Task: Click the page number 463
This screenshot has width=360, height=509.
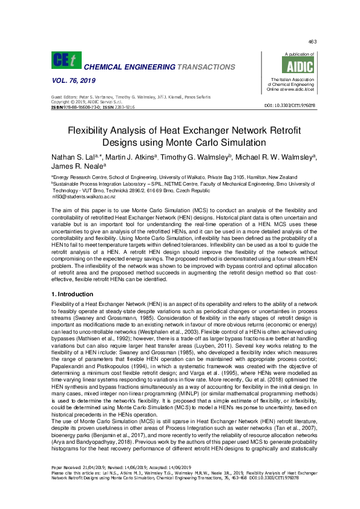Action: [x=312, y=42]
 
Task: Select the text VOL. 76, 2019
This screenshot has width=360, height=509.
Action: [x=71, y=80]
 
